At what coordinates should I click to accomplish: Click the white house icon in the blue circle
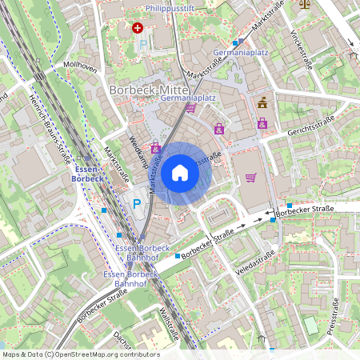tap(180, 172)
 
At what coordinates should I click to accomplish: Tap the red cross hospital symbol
tap(138, 27)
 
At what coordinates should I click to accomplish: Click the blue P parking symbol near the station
tap(137, 204)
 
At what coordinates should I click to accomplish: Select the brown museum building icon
tap(262, 102)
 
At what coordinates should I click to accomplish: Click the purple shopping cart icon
tap(250, 178)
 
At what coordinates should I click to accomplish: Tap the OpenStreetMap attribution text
tap(81, 354)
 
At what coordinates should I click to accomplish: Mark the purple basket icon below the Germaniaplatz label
tap(190, 107)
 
